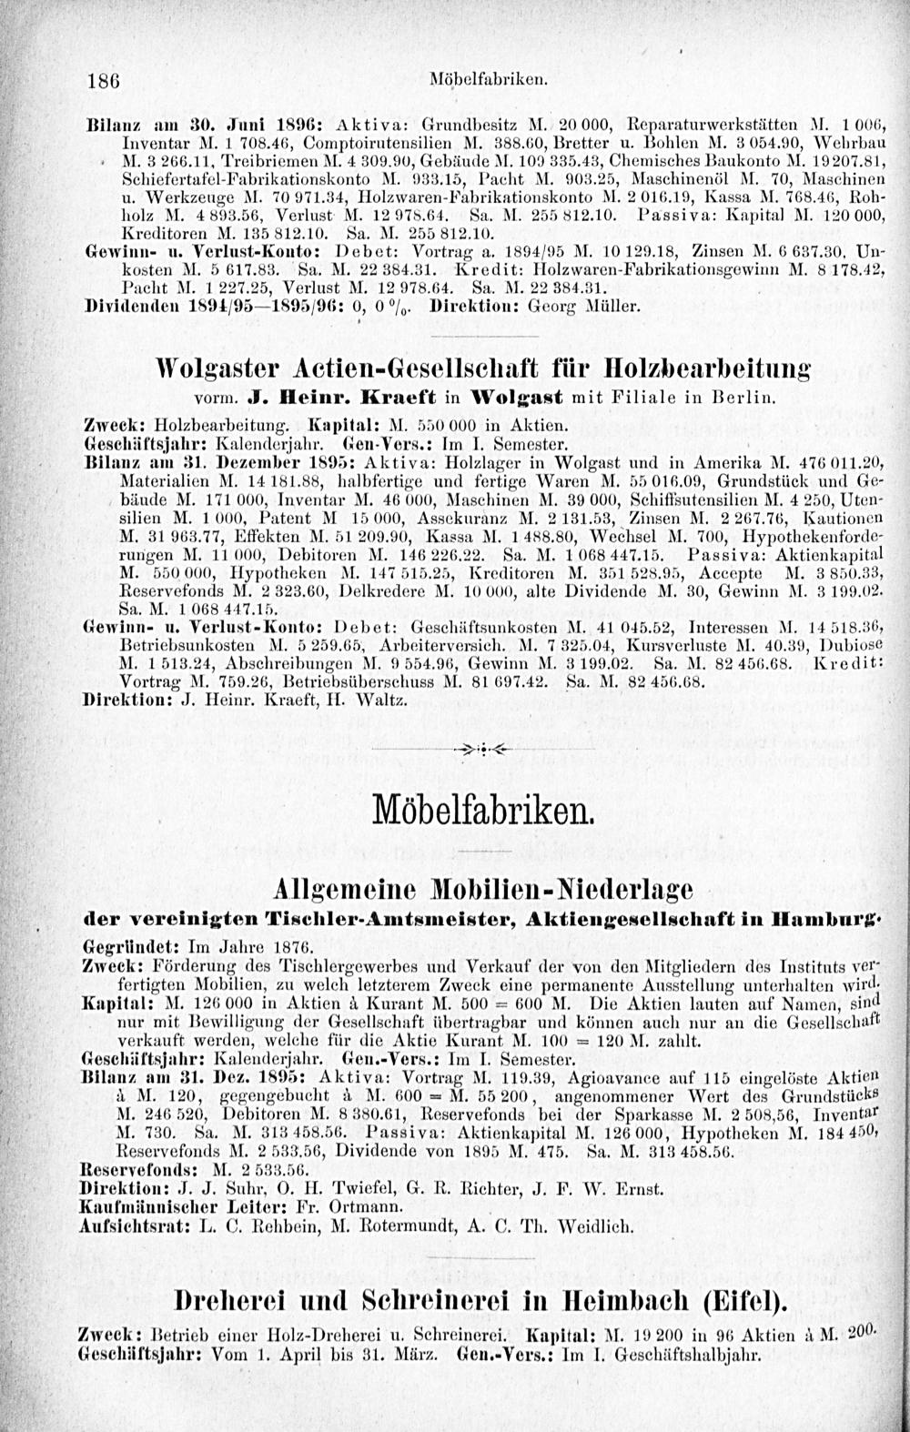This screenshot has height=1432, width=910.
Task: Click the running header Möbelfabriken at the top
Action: [x=488, y=80]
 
